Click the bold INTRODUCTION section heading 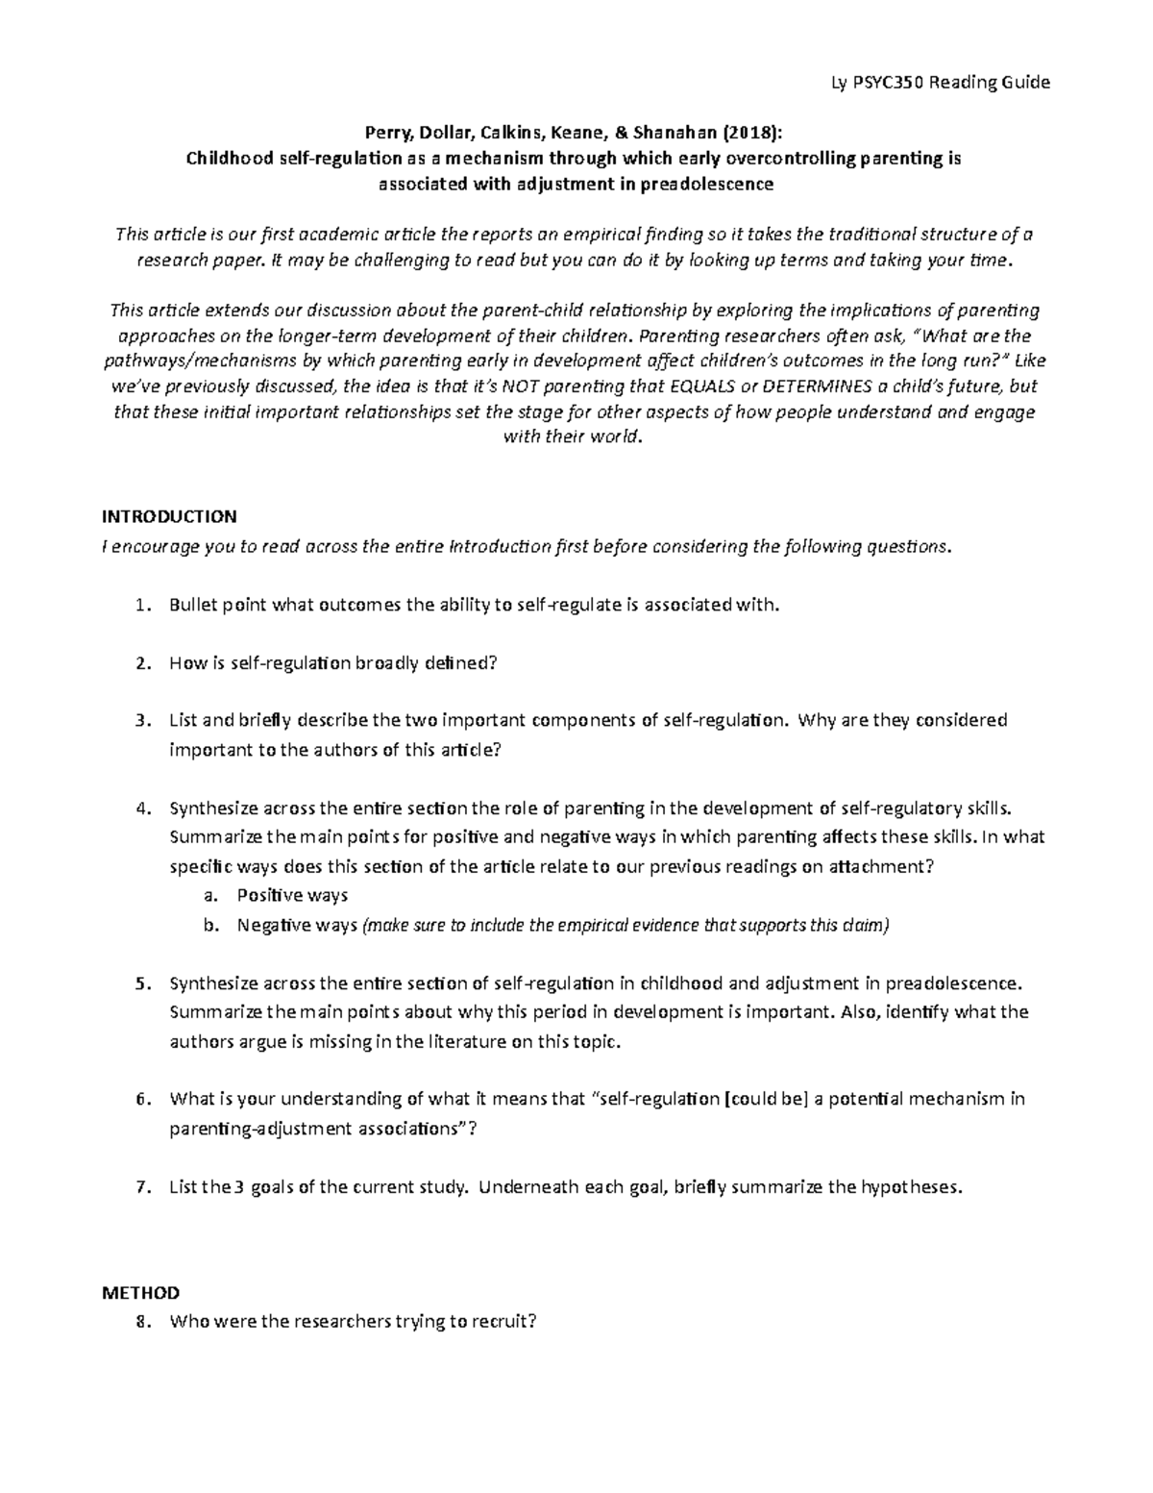(x=169, y=516)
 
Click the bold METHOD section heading (x=140, y=1292)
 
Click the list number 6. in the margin (x=143, y=1099)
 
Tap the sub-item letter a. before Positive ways (x=209, y=896)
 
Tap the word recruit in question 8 (x=500, y=1322)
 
